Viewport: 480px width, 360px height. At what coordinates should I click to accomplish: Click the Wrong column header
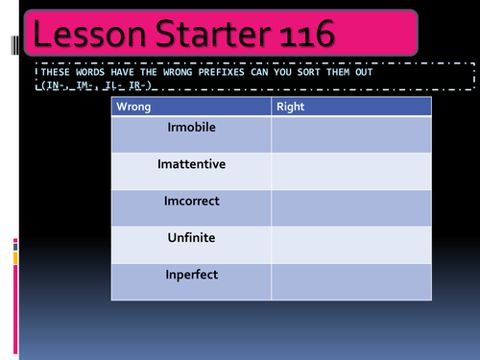tap(133, 107)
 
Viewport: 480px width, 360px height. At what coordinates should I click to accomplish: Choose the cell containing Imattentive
tap(191, 171)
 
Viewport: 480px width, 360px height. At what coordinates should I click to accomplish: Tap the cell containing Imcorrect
tap(191, 207)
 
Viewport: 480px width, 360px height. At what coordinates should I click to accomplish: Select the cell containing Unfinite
tap(191, 244)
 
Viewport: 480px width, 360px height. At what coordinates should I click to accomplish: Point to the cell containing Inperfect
tap(191, 281)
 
